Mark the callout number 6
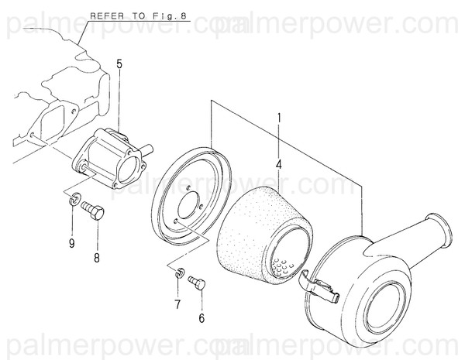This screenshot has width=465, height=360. (202, 318)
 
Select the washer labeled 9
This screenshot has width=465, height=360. (71, 202)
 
